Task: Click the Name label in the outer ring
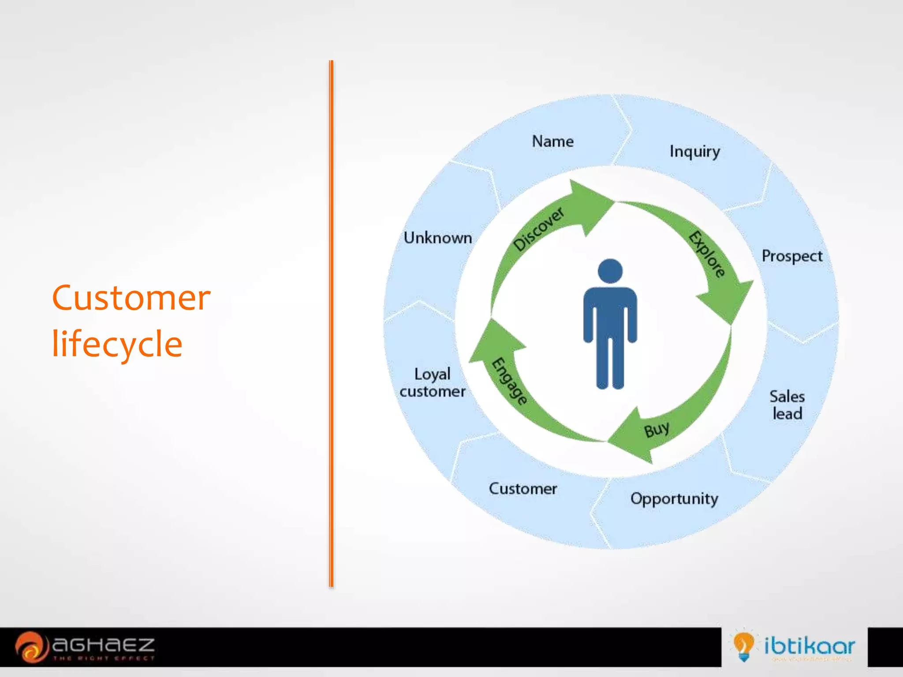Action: click(x=552, y=141)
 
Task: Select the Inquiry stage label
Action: click(x=694, y=152)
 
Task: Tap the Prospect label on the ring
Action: click(x=792, y=256)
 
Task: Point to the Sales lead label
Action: click(x=787, y=405)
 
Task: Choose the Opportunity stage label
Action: click(x=674, y=499)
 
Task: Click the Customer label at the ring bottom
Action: click(x=523, y=489)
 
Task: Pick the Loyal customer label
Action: click(x=433, y=383)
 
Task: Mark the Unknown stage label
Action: click(x=438, y=238)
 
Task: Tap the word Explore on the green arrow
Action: click(x=707, y=254)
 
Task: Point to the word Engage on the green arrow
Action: click(x=509, y=381)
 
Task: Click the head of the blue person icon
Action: click(x=610, y=271)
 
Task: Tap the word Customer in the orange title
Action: click(x=131, y=298)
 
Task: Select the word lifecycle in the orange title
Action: click(x=117, y=344)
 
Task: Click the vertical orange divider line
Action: click(x=331, y=324)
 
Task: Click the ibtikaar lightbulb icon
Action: click(x=743, y=646)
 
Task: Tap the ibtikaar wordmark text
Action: click(x=810, y=646)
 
